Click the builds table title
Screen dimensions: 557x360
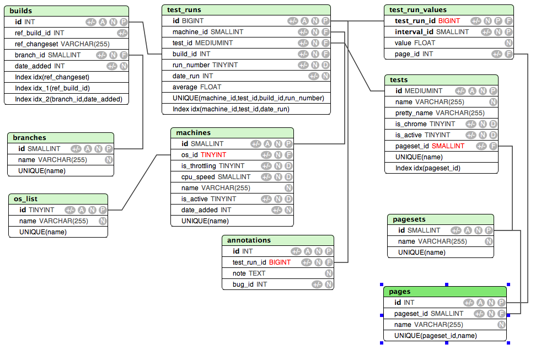pos(20,10)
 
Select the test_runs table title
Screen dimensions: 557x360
pos(184,9)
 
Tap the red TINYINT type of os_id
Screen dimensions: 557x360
pos(213,155)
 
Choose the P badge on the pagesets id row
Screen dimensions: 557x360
pos(489,230)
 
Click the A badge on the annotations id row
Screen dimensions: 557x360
pos(308,251)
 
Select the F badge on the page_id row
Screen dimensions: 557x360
pos(508,54)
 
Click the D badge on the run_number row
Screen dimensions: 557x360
pos(325,65)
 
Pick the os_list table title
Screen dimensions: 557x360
pos(25,199)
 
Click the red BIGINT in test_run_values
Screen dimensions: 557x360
pos(449,21)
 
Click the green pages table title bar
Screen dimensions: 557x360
pos(445,292)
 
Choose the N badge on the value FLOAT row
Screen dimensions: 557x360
pos(508,43)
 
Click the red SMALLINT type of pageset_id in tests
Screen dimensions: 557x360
pos(448,146)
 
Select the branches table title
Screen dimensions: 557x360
pos(29,137)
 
